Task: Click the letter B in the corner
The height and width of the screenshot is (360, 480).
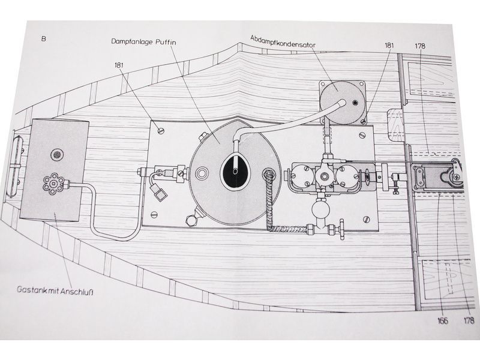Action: coord(43,39)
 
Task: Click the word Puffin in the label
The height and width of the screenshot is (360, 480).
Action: coord(166,42)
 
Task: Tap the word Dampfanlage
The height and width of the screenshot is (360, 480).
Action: coord(132,41)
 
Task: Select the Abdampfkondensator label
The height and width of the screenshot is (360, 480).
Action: coord(283,41)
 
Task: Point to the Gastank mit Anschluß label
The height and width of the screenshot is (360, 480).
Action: coord(55,290)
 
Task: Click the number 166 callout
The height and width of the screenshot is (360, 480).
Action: coord(443,320)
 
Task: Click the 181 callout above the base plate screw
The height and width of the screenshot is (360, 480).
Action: coord(119,65)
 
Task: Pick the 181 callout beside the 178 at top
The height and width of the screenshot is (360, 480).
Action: coord(389,46)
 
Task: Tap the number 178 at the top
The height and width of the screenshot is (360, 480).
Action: coord(420,46)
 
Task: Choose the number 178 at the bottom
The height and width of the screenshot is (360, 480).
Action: coord(469,320)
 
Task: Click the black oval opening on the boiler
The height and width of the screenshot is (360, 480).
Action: coord(235,172)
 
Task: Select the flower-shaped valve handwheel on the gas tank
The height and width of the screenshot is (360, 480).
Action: coord(54,184)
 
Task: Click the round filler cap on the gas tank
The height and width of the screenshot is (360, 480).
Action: coord(57,155)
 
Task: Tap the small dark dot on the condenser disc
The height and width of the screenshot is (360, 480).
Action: coord(355,102)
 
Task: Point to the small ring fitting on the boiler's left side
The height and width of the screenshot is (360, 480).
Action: coord(201,173)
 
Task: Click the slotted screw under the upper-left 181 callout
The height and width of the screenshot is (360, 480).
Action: coord(161,131)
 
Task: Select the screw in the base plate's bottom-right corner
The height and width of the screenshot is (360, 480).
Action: coord(367,219)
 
